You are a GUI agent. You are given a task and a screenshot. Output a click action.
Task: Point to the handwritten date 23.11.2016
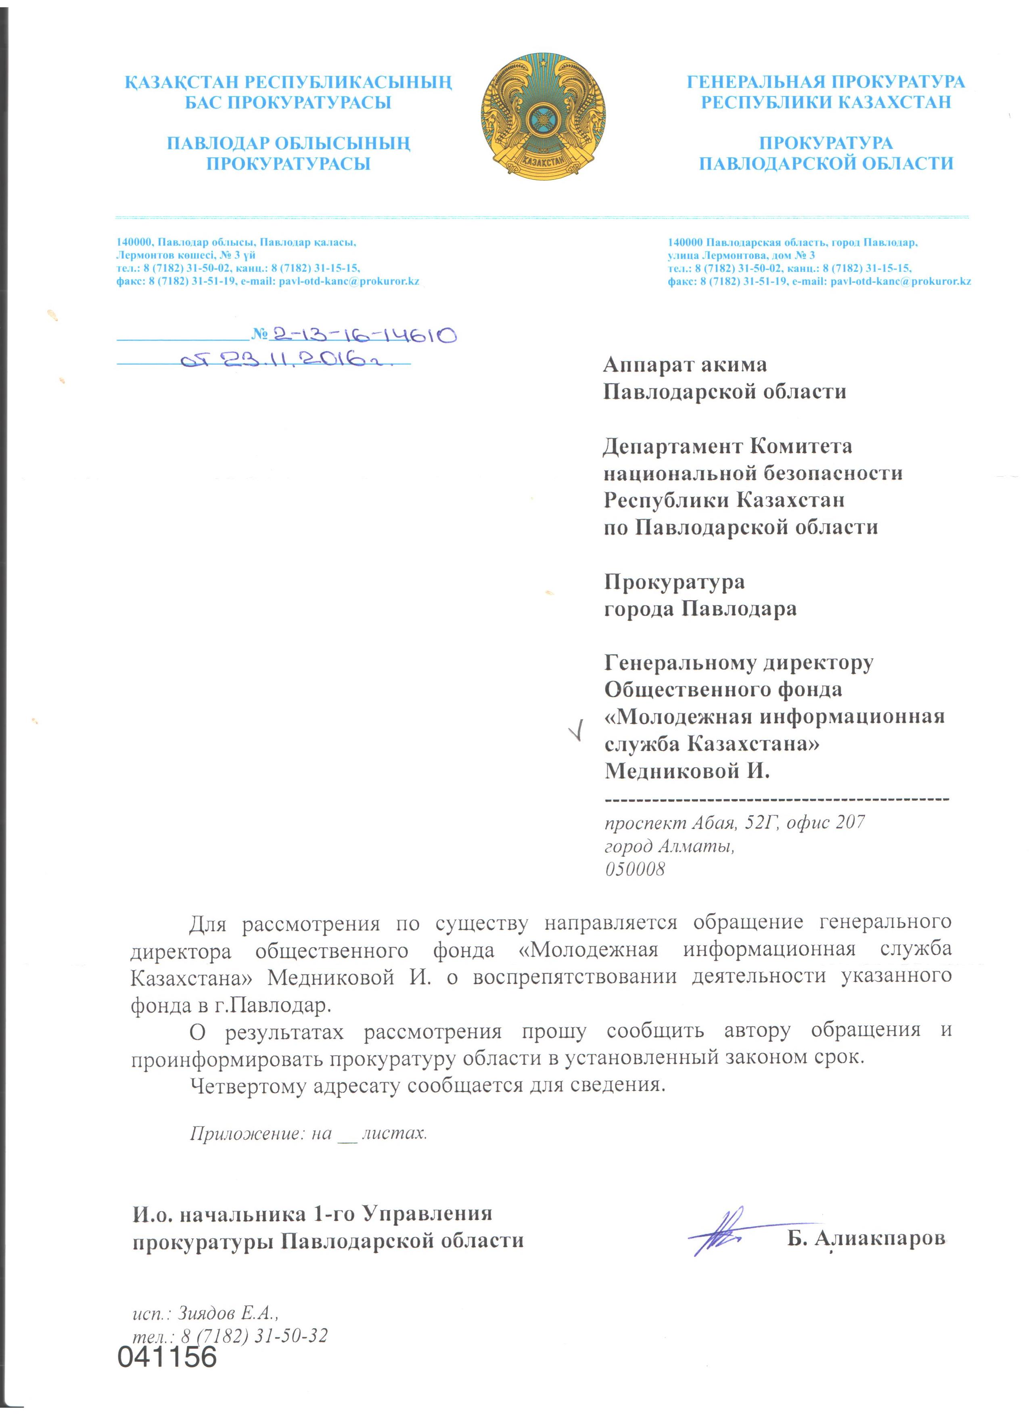coord(287,360)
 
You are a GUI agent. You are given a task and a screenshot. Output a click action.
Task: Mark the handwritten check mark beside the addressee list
coord(580,729)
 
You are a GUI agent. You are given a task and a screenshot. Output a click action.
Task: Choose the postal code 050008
coord(635,868)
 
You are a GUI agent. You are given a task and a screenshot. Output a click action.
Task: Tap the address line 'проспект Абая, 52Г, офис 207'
coord(734,822)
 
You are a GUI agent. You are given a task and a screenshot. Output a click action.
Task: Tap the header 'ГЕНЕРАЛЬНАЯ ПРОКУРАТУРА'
coord(826,82)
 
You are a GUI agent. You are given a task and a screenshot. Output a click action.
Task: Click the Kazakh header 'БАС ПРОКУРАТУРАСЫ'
coord(288,102)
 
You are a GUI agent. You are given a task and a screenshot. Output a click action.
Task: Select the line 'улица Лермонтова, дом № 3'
coord(741,255)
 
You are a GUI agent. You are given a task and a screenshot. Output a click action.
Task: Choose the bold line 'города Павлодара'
coord(700,608)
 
